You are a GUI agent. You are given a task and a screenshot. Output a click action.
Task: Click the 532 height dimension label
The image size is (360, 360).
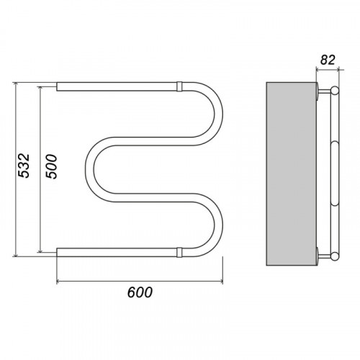pos(24,166)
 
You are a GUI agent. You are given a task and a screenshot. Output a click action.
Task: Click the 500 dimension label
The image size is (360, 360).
pos(52,167)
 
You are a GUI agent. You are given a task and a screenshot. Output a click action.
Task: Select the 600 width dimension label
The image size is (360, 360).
pos(140,292)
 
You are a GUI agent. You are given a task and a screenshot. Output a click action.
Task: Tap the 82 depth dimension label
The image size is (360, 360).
pos(328,60)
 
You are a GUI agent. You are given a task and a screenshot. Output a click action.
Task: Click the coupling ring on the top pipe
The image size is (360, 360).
pos(179,86)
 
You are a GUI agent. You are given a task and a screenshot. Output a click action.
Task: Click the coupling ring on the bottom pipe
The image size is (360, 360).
pos(179,253)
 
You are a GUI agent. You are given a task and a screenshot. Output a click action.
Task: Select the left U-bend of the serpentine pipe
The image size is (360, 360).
pos(89,169)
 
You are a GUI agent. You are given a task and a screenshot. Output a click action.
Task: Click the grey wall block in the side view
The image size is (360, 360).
pos(292,174)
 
